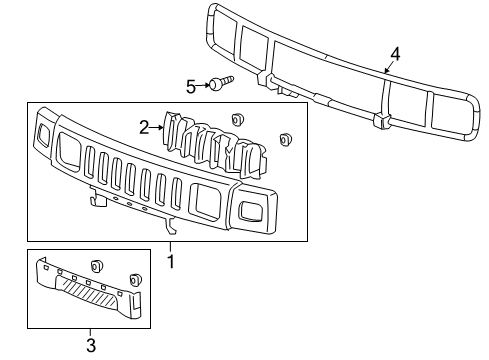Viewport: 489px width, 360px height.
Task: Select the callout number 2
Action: pyautogui.click(x=145, y=126)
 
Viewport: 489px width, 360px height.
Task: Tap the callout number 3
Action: pyautogui.click(x=90, y=346)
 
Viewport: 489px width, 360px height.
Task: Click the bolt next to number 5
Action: pyautogui.click(x=219, y=83)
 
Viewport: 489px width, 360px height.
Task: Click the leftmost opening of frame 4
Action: pyautogui.click(x=226, y=31)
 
